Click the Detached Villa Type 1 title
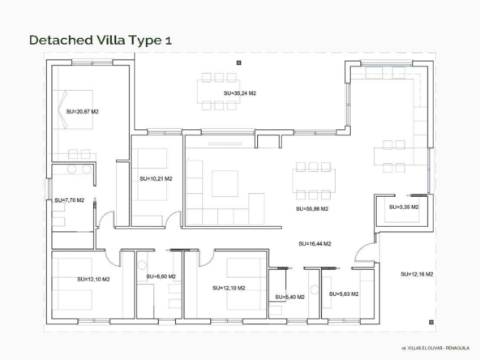(101, 40)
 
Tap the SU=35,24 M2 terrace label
(240, 93)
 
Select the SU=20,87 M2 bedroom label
(83, 111)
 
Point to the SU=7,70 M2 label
(70, 200)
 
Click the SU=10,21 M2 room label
(156, 178)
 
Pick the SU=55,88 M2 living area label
(312, 208)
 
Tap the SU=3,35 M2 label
(404, 207)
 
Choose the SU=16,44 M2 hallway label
(315, 244)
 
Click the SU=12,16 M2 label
(417, 274)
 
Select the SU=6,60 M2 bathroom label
(161, 276)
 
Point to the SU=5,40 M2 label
(289, 297)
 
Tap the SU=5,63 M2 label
(344, 294)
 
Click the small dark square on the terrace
(238, 62)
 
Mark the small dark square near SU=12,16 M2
(431, 322)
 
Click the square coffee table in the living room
(225, 183)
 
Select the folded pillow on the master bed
(62, 109)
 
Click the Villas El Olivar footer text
(435, 348)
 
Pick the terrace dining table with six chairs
(219, 92)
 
